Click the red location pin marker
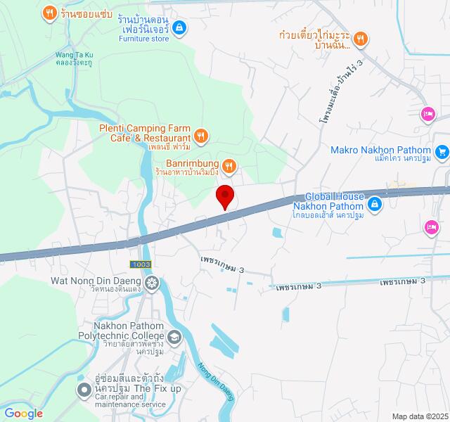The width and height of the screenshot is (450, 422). pyautogui.click(x=225, y=196)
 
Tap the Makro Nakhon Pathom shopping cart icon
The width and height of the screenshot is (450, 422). pyautogui.click(x=442, y=151)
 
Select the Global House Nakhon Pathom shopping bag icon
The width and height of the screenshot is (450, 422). pyautogui.click(x=375, y=205)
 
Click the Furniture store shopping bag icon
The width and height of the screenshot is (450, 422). pyautogui.click(x=179, y=27)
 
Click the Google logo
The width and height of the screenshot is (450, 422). pyautogui.click(x=22, y=414)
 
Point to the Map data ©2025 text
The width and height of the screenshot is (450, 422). pyautogui.click(x=420, y=416)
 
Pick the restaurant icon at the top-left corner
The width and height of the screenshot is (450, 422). pyautogui.click(x=49, y=12)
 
